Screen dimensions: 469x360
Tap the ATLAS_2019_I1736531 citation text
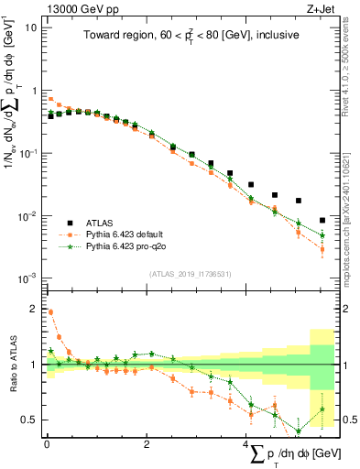[191, 273]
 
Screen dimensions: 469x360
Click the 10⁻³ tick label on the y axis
[27, 278]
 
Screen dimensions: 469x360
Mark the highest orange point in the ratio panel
[50, 311]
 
